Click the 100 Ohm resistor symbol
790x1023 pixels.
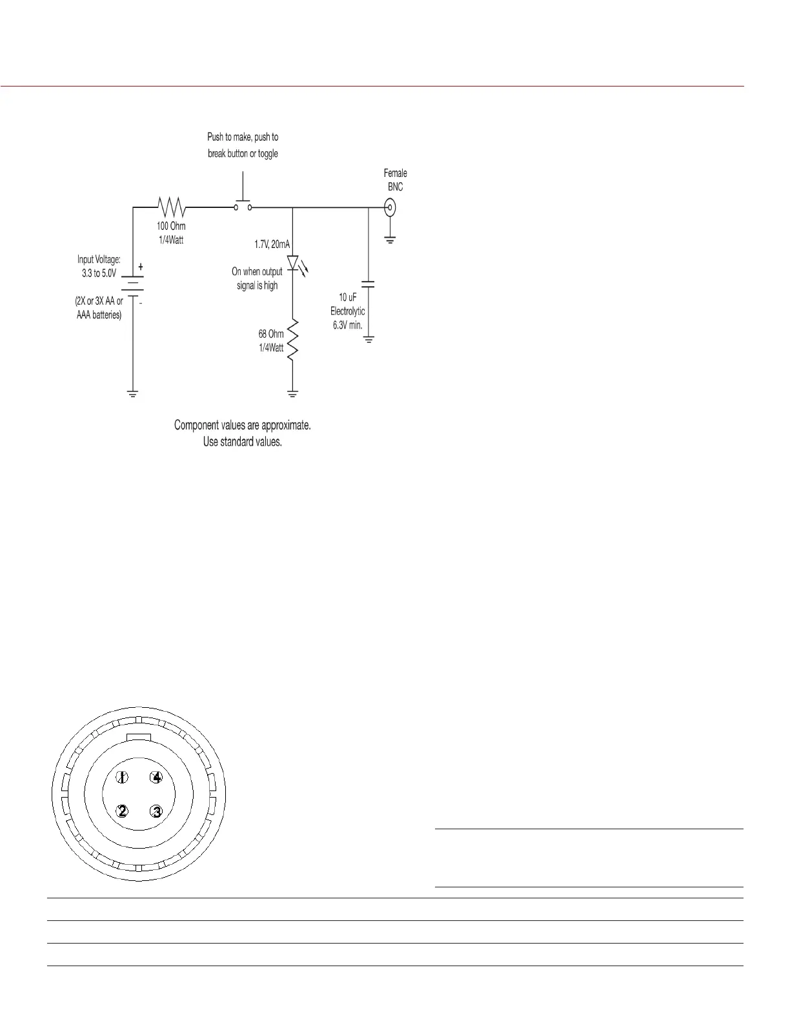coord(172,207)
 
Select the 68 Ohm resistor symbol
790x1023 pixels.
coord(292,340)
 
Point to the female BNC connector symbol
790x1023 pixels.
coord(390,208)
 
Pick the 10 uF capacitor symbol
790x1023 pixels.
coord(369,284)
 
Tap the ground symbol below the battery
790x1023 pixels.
coord(133,393)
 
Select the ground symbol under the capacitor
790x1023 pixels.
coord(369,338)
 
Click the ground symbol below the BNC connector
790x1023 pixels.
coord(390,240)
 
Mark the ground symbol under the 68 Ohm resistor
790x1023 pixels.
coord(293,393)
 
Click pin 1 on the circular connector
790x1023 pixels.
coord(123,778)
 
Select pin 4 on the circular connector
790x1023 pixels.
coord(156,778)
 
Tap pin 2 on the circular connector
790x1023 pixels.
coord(123,811)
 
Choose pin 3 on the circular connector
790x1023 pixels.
coord(156,811)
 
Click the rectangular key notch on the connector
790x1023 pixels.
coord(139,737)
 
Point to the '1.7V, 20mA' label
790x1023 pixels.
coord(272,244)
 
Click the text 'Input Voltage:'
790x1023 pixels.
coord(99,260)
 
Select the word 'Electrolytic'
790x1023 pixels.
coord(347,311)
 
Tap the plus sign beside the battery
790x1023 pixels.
coord(141,267)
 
